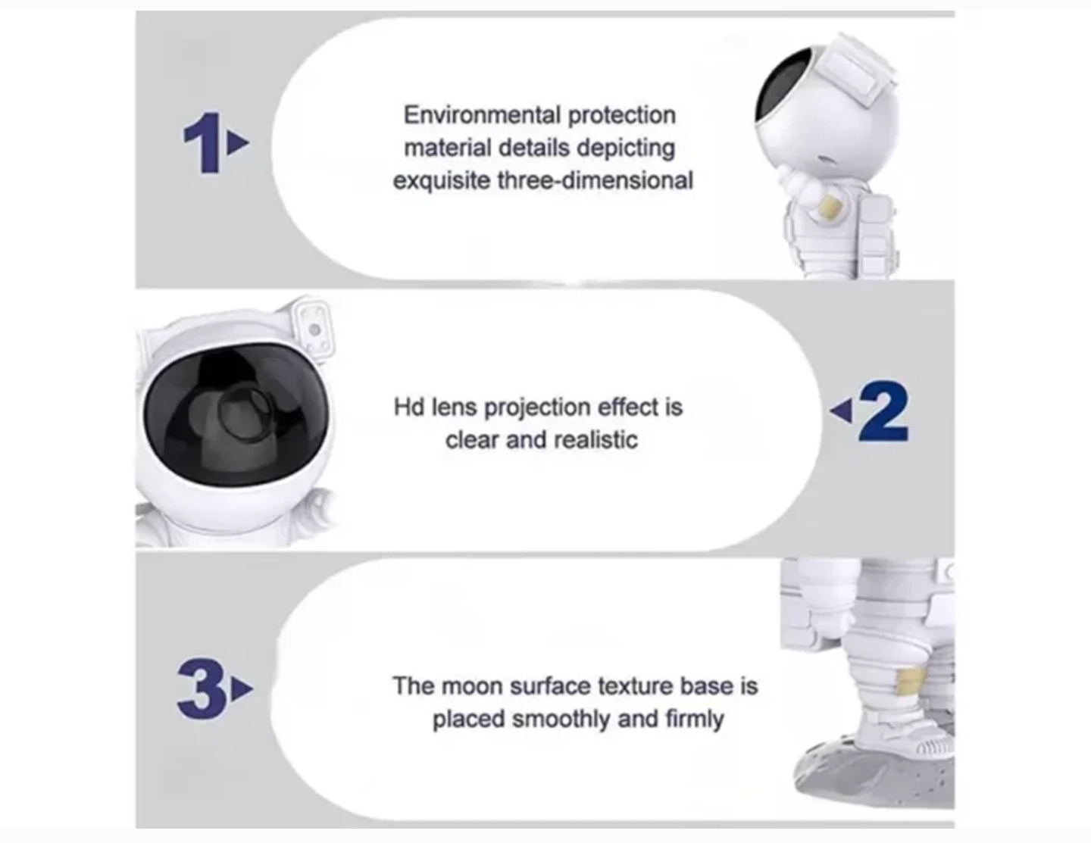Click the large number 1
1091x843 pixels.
click(203, 143)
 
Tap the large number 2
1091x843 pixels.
click(884, 411)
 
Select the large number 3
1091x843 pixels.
click(202, 688)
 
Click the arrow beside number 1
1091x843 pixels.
click(238, 142)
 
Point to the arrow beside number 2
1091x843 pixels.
click(841, 411)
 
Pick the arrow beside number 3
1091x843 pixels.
click(242, 688)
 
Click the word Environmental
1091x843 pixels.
click(483, 115)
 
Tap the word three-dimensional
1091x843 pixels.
click(595, 180)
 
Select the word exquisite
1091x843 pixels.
click(441, 181)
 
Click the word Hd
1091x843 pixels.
click(409, 407)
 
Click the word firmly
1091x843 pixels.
click(695, 720)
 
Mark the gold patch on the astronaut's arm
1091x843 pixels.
click(830, 207)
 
